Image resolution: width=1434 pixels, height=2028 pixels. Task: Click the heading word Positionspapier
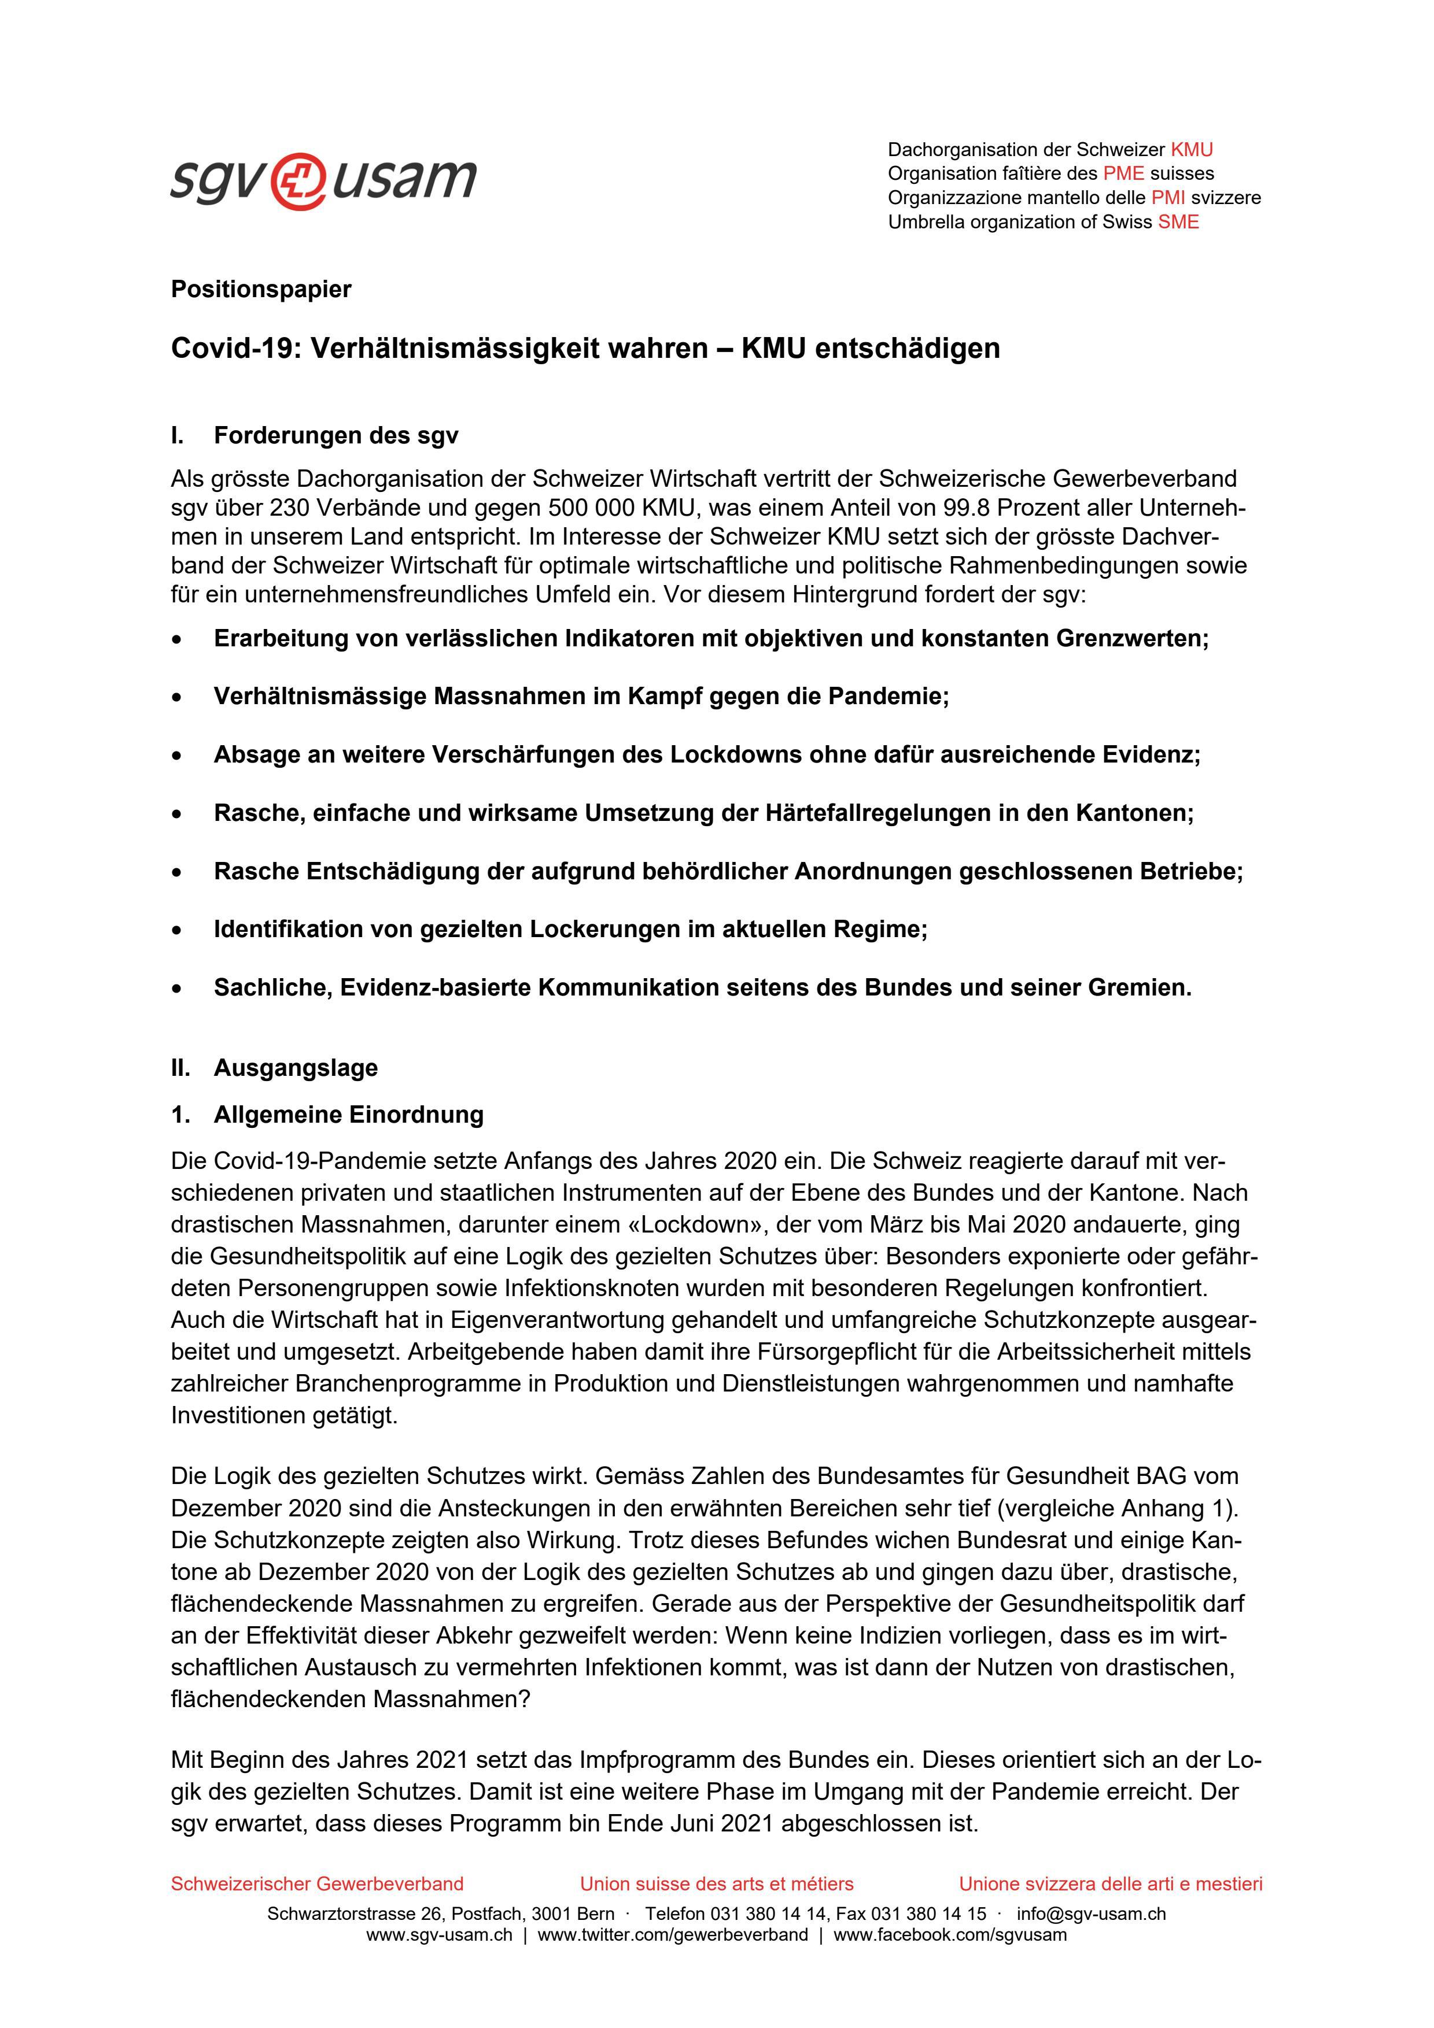(x=261, y=289)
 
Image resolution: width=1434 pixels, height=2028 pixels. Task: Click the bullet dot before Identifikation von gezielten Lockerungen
(x=179, y=930)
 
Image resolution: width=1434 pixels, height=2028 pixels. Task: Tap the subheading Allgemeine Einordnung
(x=348, y=1115)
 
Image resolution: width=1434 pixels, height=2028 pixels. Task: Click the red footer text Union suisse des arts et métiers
(x=717, y=1884)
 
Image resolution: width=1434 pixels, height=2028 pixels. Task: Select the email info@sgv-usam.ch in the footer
(x=1091, y=1914)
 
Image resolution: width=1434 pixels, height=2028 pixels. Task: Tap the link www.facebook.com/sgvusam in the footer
(x=950, y=1936)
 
